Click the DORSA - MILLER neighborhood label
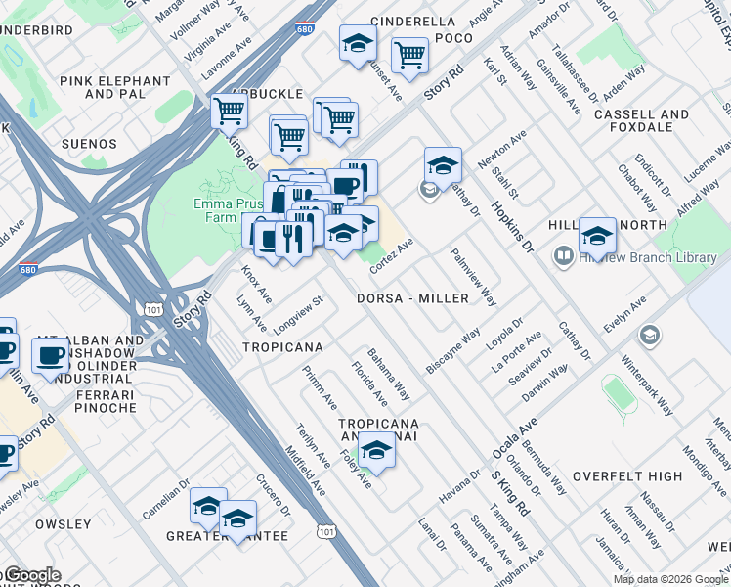coord(418,298)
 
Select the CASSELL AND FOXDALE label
coord(641,120)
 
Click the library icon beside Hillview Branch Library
coord(563,257)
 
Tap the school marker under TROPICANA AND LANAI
coord(374,449)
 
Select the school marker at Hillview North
coord(597,236)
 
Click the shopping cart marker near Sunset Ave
coord(408,56)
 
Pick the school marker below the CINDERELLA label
coord(358,44)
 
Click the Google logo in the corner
coord(31,575)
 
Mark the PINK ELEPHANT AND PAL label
coord(114,88)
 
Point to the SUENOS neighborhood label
coord(89,144)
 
